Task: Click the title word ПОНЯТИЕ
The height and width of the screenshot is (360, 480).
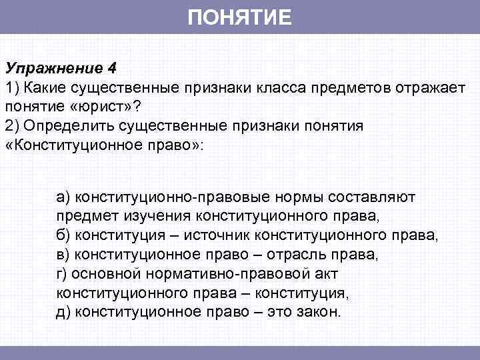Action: (239, 17)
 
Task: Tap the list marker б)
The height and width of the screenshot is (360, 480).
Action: (63, 235)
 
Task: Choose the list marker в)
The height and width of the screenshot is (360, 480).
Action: (63, 255)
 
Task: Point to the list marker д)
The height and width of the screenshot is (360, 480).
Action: (63, 313)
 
